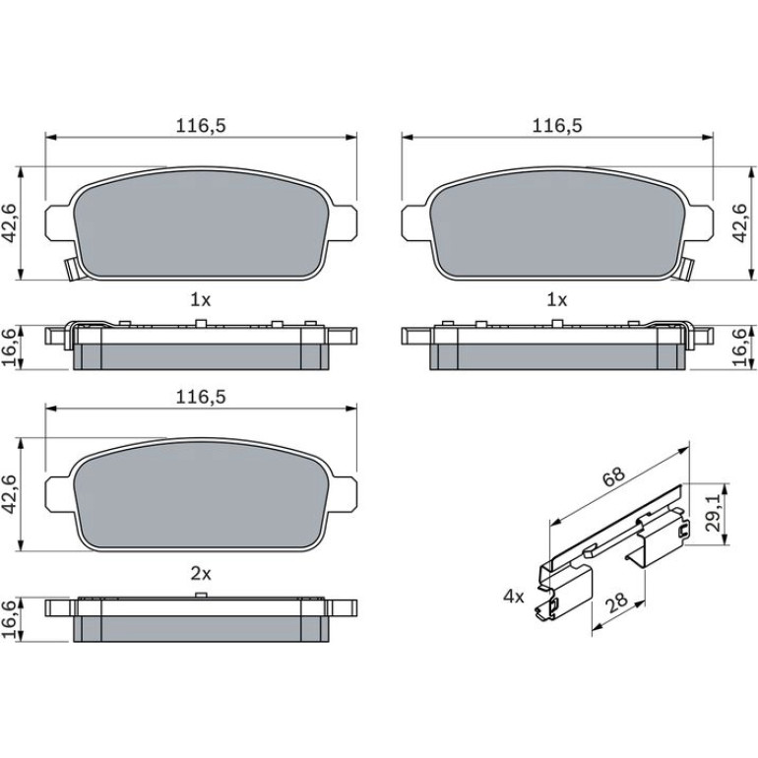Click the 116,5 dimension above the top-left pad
[201, 126]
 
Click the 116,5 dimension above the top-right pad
[557, 126]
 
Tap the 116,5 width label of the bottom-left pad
[201, 398]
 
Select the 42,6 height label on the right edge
[739, 222]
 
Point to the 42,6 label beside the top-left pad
[10, 222]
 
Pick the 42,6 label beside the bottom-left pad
[10, 494]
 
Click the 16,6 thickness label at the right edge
[739, 348]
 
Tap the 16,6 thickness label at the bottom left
[10, 621]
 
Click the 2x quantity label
[201, 574]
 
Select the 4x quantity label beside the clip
[514, 597]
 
